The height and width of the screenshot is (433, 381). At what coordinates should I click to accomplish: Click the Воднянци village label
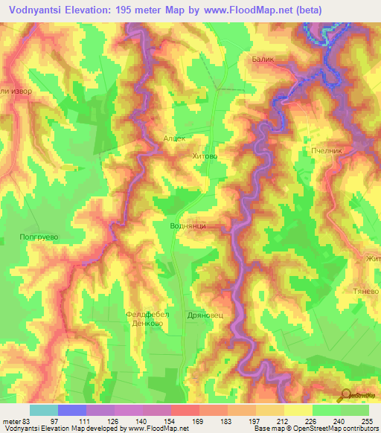coord(188,225)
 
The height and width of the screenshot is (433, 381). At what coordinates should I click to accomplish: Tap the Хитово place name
coord(205,157)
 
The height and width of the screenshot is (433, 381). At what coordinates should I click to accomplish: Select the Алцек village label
coord(174,138)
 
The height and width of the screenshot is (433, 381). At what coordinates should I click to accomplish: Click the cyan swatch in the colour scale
coord(44,410)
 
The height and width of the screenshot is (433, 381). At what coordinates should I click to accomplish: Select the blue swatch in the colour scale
coord(72,410)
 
